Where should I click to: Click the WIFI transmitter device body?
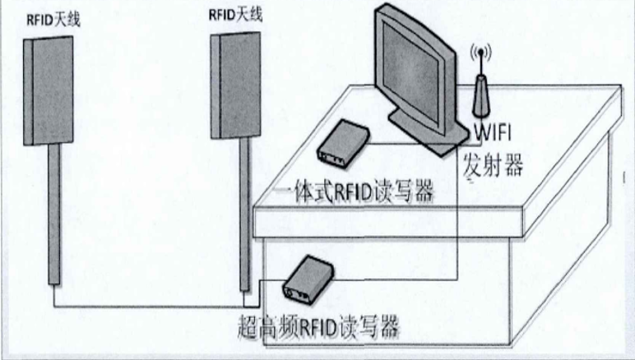pyautogui.click(x=481, y=95)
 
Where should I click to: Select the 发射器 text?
pyautogui.click(x=495, y=164)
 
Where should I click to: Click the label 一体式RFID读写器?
pyautogui.click(x=354, y=193)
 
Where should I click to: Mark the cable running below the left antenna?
pyautogui.click(x=148, y=306)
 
